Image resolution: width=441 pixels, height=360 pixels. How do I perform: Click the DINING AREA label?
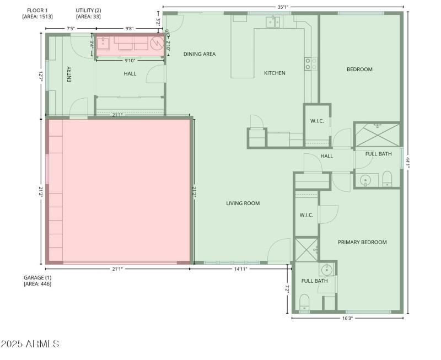(199, 54)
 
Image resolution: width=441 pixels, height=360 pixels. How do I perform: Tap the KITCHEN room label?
(275, 73)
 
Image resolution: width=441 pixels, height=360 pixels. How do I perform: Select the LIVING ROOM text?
(243, 203)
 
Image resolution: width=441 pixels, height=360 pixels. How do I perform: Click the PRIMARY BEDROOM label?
(362, 242)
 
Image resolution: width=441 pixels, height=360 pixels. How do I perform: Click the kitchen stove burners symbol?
(310, 64)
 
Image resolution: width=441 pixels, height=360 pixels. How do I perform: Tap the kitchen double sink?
(273, 22)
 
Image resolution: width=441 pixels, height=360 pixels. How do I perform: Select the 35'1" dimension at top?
(283, 7)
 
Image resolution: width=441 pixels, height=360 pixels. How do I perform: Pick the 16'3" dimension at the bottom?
(347, 318)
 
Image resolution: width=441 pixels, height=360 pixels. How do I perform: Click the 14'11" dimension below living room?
(240, 269)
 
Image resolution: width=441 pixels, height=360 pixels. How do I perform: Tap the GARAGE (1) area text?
(37, 280)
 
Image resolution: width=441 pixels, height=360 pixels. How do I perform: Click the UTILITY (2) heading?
(88, 13)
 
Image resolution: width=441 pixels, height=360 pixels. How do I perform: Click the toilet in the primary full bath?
(304, 302)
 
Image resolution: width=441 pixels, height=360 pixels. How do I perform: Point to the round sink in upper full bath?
(365, 180)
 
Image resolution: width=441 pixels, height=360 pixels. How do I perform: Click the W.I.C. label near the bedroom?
(316, 121)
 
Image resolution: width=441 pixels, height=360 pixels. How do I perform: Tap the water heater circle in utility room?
(157, 43)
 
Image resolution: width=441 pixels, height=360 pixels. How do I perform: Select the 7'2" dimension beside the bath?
(287, 289)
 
